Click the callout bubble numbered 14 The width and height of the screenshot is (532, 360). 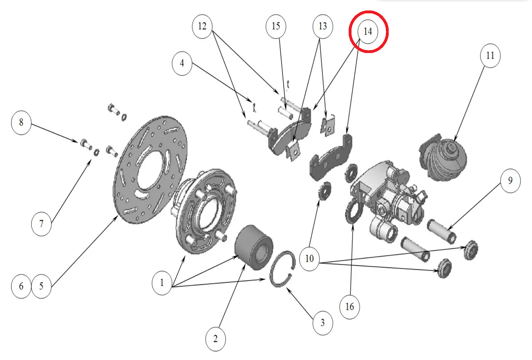368,31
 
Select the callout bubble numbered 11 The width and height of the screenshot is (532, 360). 490,56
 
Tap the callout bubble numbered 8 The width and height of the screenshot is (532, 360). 21,123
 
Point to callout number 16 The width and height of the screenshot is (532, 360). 349,307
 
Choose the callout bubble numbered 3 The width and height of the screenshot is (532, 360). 322,323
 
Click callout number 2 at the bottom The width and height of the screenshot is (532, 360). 215,339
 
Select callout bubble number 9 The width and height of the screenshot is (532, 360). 510,180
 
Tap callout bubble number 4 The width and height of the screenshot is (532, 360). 182,63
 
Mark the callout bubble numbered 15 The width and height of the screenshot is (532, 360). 276,26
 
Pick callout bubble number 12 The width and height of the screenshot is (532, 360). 202,26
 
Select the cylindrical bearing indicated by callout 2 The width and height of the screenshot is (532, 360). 253,247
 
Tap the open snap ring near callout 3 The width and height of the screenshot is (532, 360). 283,269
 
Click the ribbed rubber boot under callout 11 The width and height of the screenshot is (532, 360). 443,159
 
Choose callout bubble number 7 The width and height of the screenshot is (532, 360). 41,224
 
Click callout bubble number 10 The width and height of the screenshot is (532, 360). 309,259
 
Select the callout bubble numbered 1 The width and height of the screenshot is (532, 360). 161,283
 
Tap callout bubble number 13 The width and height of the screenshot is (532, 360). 322,26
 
